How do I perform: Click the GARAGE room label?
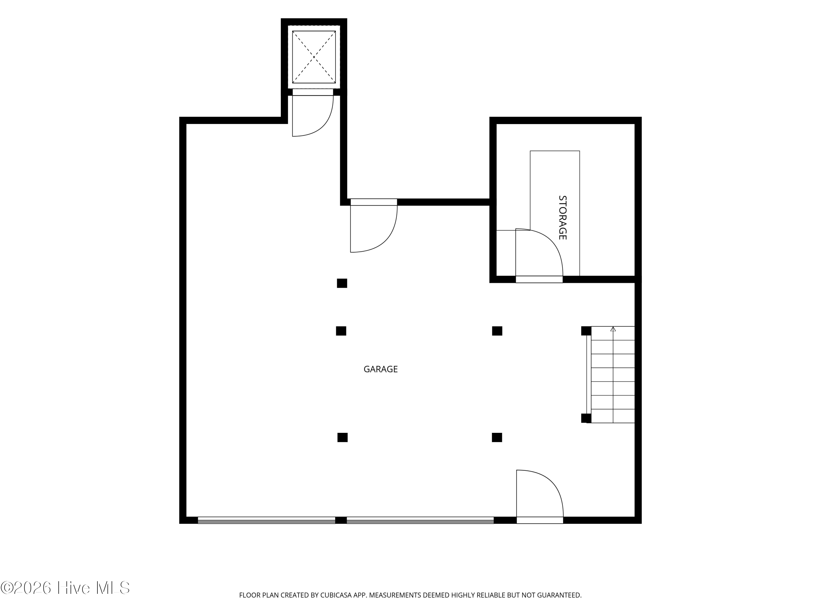coord(380,369)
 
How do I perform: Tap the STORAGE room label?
coord(563,218)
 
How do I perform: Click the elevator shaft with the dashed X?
coord(314,57)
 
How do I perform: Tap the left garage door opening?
coord(267,520)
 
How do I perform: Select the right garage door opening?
coord(420,520)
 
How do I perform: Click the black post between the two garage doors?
coord(341,520)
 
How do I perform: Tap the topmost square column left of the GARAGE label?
coord(342,283)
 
